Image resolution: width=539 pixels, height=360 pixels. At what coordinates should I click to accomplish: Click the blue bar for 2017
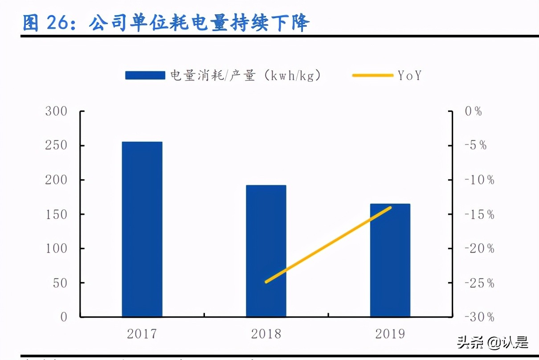[x=142, y=229]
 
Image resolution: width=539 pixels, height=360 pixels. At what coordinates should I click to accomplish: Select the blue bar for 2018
[x=266, y=251]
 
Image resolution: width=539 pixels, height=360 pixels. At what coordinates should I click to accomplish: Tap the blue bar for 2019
[x=390, y=260]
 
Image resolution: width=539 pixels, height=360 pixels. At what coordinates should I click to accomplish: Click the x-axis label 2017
[x=142, y=334]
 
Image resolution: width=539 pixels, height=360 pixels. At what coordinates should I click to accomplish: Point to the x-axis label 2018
[x=266, y=334]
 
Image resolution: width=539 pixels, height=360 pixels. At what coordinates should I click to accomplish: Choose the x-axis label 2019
[x=390, y=334]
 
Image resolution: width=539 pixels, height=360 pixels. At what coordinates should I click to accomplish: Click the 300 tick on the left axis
[x=56, y=111]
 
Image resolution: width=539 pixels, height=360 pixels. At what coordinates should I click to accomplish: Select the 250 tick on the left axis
[x=56, y=146]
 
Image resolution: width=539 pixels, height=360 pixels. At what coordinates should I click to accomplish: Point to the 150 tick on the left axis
[x=56, y=214]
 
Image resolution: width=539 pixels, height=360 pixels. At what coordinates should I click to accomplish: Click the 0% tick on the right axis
[x=474, y=111]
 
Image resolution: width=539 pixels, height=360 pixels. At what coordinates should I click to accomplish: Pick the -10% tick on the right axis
[x=479, y=180]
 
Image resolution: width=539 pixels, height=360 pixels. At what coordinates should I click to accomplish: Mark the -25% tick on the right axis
[x=479, y=283]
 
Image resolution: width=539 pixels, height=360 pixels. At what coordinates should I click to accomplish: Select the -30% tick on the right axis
[x=479, y=317]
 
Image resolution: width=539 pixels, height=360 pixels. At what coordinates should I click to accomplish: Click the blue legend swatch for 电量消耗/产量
[x=145, y=76]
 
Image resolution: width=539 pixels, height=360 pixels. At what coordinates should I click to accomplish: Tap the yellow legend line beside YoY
[x=372, y=76]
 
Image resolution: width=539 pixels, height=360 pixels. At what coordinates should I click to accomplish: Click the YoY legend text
[x=409, y=76]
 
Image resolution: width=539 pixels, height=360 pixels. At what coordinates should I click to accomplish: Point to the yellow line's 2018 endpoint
[x=266, y=282]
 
